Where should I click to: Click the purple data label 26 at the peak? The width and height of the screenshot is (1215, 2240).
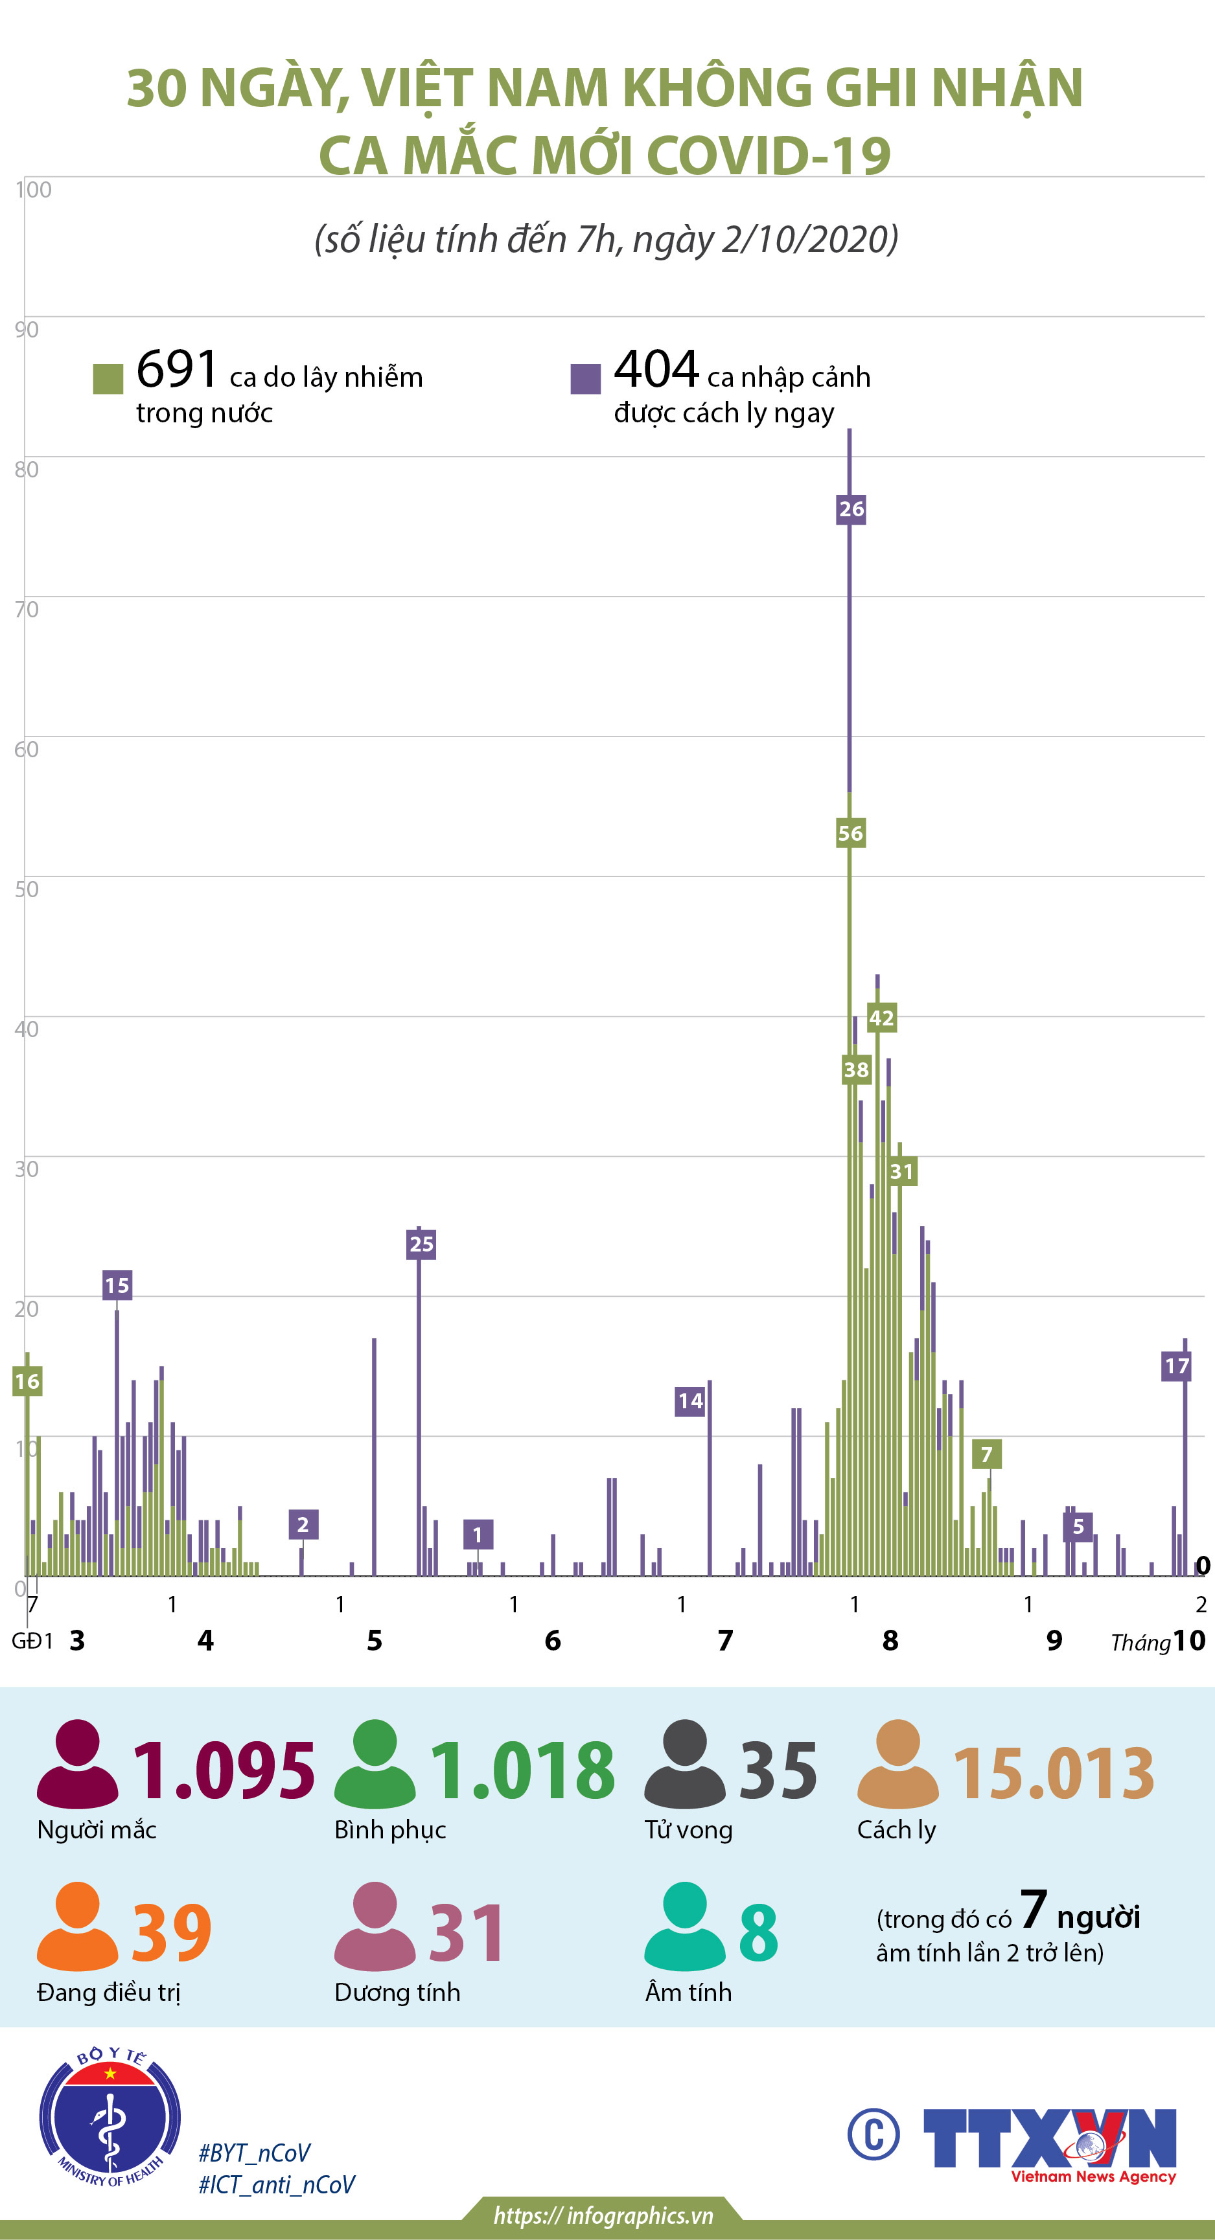click(851, 509)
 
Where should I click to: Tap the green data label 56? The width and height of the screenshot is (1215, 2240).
click(850, 833)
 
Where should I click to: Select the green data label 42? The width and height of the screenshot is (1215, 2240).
click(881, 1018)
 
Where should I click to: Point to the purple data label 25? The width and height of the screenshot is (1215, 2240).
click(421, 1244)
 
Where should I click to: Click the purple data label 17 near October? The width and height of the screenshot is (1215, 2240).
click(1176, 1366)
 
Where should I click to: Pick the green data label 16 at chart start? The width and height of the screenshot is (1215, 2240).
click(27, 1381)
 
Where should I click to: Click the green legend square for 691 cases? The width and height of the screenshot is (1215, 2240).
click(108, 379)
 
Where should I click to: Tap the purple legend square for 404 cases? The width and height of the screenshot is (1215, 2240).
click(585, 379)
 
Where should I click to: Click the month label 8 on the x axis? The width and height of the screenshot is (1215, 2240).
click(890, 1640)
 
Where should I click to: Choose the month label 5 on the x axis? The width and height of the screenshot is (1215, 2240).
click(374, 1640)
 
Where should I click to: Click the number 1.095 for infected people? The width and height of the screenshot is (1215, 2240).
click(224, 1770)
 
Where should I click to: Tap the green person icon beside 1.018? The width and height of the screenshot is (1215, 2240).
click(375, 1763)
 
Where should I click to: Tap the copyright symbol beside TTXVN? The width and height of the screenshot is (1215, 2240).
click(874, 2133)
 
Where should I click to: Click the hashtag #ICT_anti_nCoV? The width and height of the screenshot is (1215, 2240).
click(277, 2184)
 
